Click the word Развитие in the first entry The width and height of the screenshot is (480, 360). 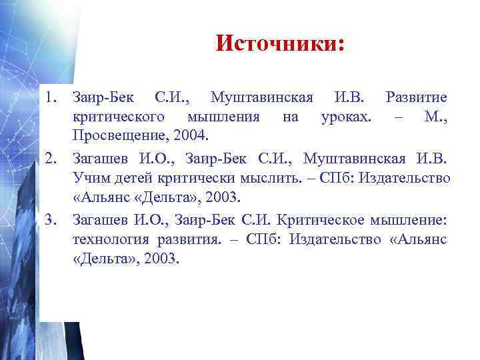pyautogui.click(x=416, y=98)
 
